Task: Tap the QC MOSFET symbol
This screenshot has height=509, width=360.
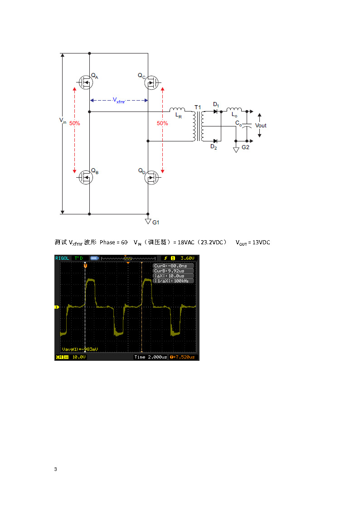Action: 151,82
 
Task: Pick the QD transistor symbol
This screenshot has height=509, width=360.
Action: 151,177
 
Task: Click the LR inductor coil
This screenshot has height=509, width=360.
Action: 177,110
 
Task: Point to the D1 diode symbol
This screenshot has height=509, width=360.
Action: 216,111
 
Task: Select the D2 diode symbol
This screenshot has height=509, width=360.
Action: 215,141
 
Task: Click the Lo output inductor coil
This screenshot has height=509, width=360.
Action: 234,110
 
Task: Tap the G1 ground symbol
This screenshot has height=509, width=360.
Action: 148,222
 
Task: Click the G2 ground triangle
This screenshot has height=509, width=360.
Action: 236,149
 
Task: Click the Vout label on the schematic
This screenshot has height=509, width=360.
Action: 261,126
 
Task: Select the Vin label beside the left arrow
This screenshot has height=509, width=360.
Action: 63,121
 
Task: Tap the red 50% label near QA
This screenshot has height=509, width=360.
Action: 75,123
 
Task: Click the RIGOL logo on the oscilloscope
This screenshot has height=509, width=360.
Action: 62,258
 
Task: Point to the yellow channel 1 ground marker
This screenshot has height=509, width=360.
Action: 57,307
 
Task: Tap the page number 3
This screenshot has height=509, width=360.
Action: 56,469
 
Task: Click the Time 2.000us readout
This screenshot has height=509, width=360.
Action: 151,357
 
